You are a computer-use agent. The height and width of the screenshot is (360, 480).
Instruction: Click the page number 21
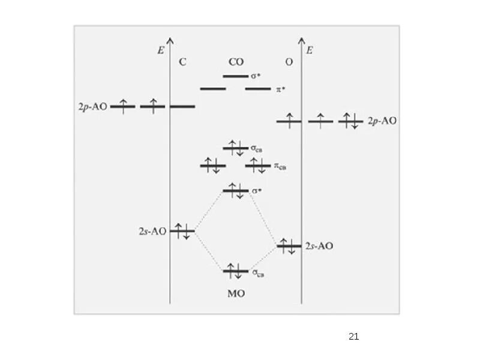click(353, 337)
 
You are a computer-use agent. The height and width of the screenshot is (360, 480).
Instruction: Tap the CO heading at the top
click(236, 62)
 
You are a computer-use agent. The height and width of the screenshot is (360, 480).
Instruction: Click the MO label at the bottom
click(236, 295)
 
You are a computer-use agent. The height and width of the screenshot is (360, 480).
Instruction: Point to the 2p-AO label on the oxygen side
click(382, 121)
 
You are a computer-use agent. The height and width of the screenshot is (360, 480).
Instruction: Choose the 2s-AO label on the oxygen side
click(319, 246)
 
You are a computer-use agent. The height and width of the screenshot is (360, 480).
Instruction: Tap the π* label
click(280, 89)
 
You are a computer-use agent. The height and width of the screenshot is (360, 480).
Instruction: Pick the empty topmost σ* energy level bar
click(235, 76)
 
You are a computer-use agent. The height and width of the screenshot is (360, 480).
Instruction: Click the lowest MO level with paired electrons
click(235, 271)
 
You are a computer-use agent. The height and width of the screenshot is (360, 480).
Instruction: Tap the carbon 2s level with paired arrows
click(182, 230)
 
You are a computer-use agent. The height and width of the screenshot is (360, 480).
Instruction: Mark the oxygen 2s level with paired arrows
click(289, 245)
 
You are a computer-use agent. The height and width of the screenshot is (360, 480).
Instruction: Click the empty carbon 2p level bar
click(182, 107)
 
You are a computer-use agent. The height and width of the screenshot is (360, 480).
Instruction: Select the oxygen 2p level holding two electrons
click(350, 121)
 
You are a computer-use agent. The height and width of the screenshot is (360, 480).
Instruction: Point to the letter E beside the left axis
click(161, 50)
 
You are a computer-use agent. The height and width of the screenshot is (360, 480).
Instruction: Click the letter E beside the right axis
click(310, 50)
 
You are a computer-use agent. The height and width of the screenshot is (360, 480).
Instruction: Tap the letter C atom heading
click(182, 62)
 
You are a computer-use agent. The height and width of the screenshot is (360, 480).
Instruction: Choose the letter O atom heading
click(289, 62)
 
